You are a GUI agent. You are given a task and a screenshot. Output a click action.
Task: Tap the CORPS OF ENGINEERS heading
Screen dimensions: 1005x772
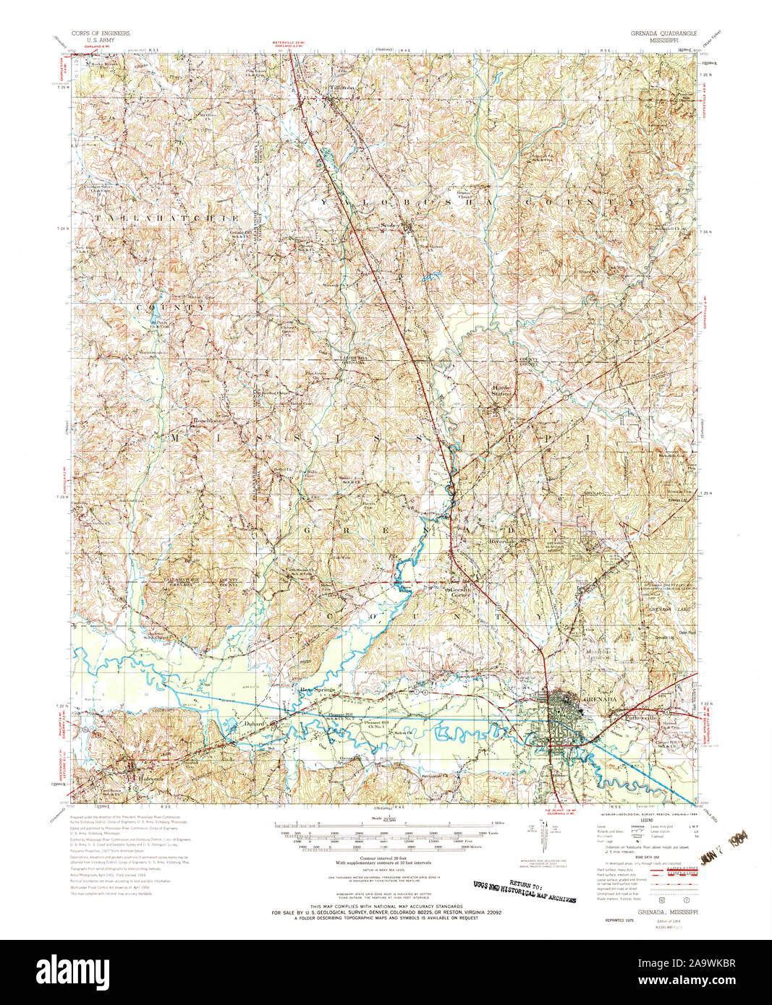pos(101,34)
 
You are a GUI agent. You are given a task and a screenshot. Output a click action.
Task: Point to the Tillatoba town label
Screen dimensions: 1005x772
pos(343,88)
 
